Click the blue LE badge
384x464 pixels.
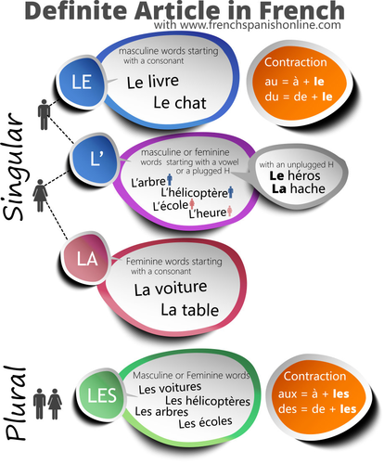[82, 83]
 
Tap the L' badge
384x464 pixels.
[96, 159]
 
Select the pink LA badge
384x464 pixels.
[87, 258]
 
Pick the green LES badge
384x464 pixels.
[102, 395]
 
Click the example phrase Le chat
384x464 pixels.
[180, 103]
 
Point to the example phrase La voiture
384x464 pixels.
[171, 288]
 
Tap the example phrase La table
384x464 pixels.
[189, 310]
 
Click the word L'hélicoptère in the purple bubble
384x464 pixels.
[194, 193]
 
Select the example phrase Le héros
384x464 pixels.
[295, 175]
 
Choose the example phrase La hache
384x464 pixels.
[299, 188]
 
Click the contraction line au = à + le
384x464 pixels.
[294, 82]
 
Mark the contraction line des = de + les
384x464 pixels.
[317, 409]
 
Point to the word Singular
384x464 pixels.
[14, 166]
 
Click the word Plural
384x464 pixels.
[16, 403]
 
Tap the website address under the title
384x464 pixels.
[248, 25]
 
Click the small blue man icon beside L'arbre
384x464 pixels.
[170, 179]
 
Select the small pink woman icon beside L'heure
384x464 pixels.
[229, 211]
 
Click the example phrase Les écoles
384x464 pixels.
[205, 422]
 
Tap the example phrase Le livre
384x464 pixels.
[153, 82]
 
